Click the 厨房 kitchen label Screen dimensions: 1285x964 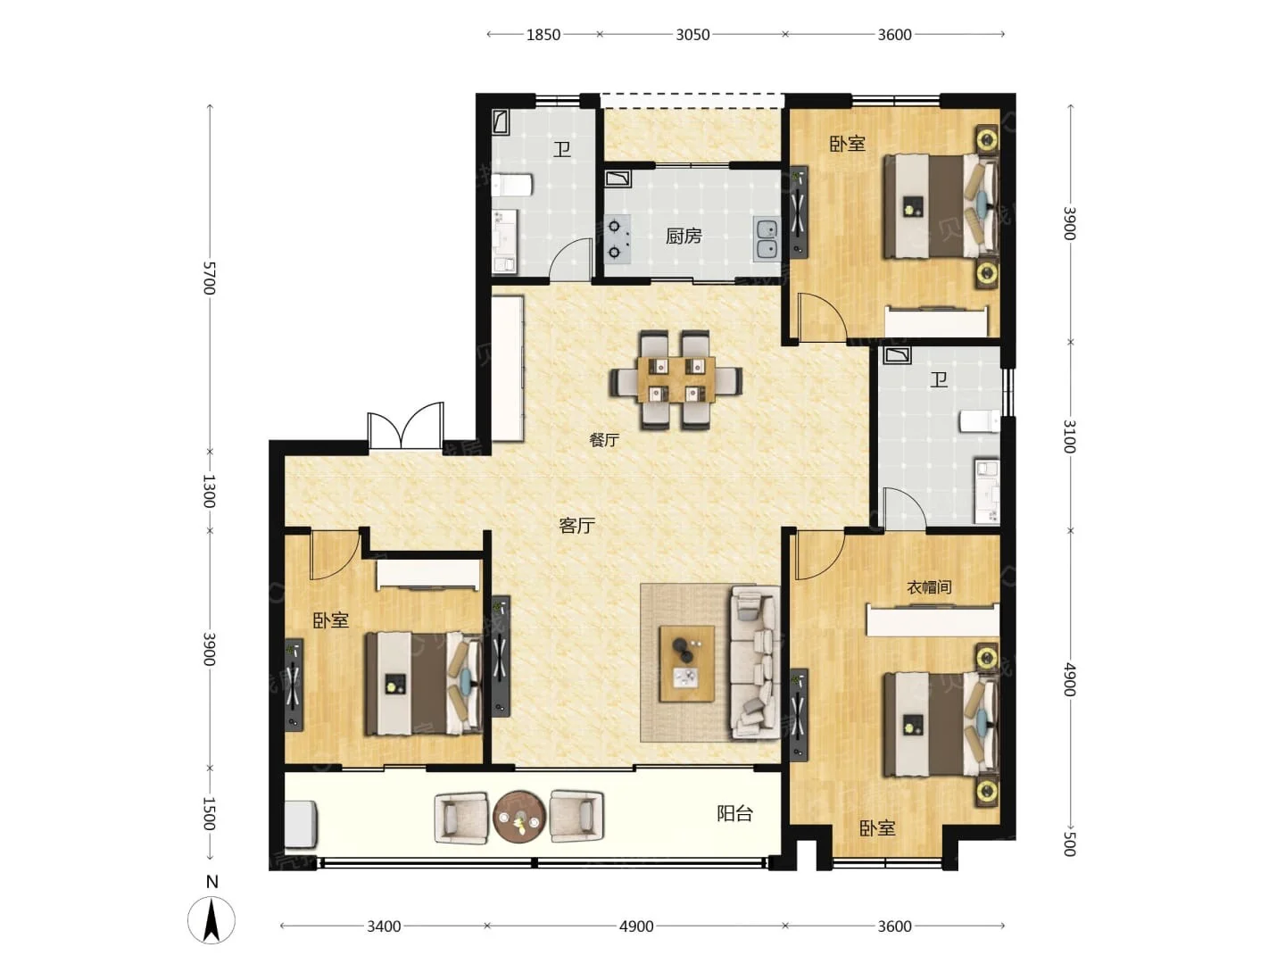684,236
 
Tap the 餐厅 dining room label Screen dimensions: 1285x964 604,439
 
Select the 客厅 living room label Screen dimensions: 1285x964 576,526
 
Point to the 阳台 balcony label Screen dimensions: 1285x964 734,813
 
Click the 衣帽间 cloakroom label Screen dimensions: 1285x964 928,587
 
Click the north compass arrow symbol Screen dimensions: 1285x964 211,920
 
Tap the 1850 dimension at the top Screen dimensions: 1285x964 543,35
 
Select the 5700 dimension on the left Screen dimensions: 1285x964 209,278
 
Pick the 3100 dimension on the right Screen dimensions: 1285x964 1070,436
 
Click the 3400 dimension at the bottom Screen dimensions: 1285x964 384,927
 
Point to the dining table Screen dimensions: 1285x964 676,380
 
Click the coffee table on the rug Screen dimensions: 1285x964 687,664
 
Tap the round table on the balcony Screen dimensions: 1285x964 519,818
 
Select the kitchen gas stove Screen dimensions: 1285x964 618,239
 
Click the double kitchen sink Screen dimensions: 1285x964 767,239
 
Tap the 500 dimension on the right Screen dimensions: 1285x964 1070,843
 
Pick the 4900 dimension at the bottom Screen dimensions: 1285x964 636,927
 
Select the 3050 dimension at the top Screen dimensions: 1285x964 692,35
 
